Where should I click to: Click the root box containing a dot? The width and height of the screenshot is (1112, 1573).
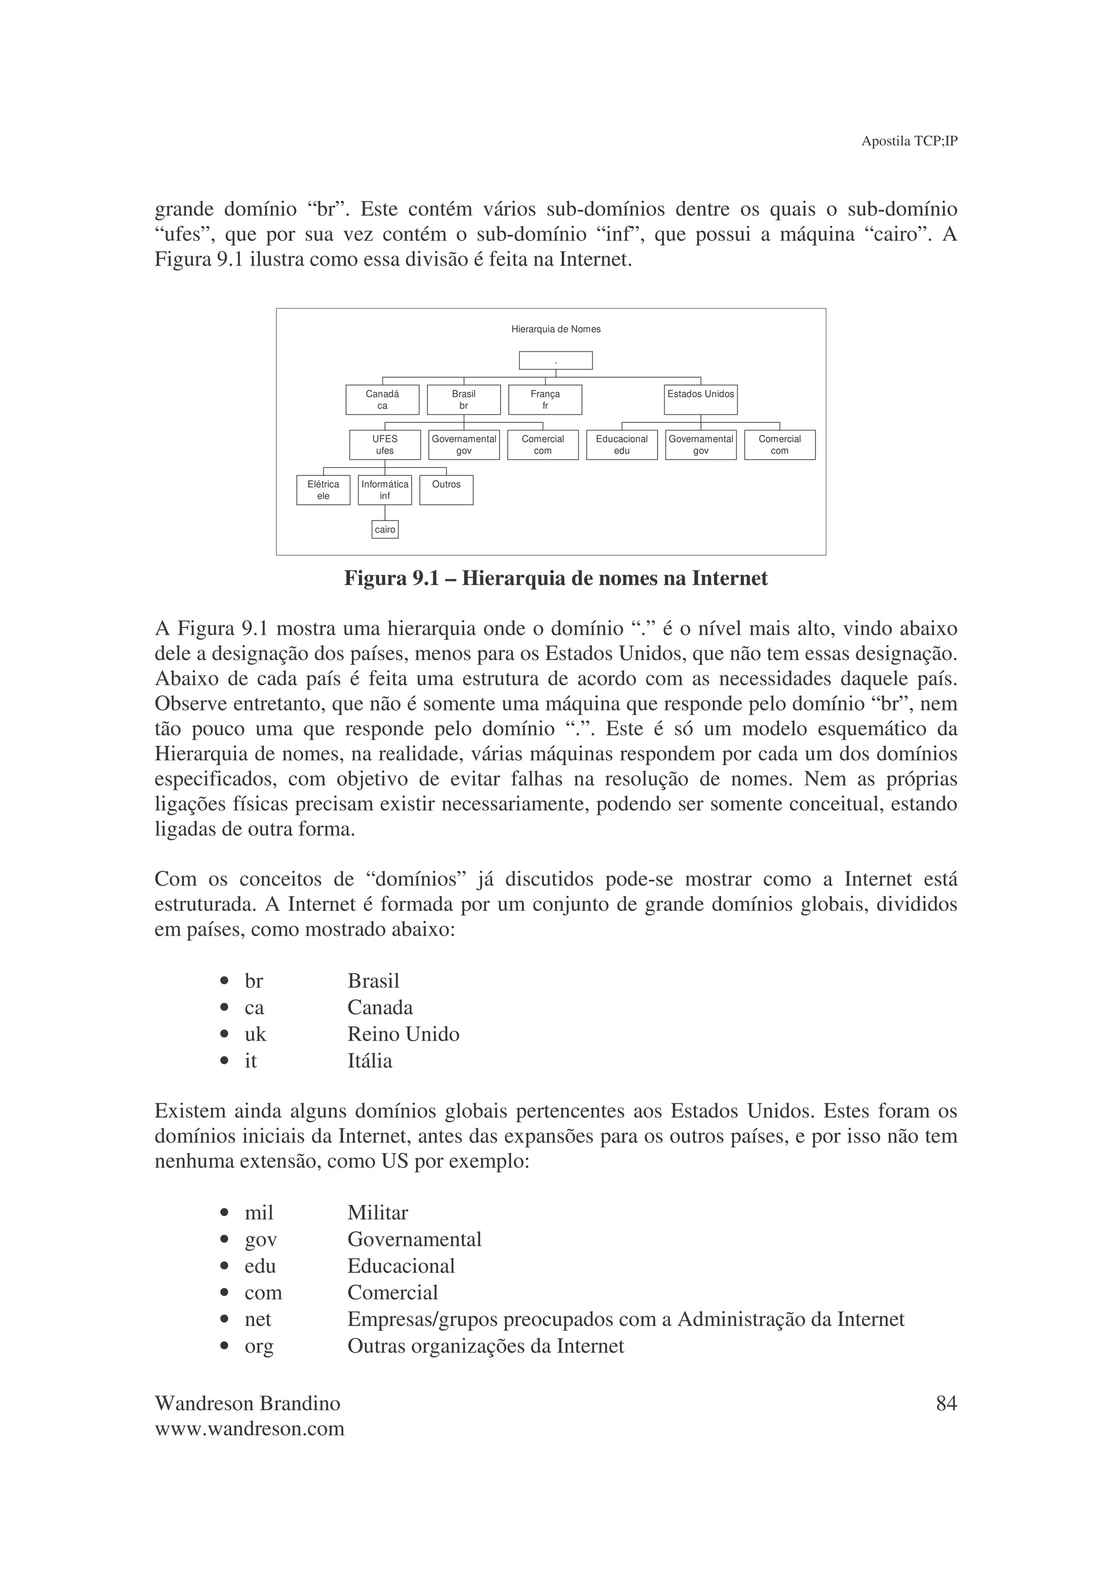click(555, 360)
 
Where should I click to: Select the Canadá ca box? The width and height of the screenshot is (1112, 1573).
click(382, 399)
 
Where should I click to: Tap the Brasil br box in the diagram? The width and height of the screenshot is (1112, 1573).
click(464, 399)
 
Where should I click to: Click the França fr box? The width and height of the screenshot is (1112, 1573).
click(545, 399)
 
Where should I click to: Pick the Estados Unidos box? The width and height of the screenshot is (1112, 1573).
click(700, 399)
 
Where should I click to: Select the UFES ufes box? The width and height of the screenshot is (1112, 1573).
click(385, 445)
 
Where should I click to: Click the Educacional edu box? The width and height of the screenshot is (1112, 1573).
click(622, 445)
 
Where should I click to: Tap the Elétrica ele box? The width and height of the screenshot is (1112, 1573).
click(324, 490)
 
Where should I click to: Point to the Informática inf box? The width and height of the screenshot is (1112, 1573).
click(385, 490)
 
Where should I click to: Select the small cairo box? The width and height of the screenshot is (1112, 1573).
click(385, 530)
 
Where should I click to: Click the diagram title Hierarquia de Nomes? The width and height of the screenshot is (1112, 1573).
click(555, 329)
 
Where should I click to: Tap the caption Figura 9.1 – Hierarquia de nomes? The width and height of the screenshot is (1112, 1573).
click(555, 579)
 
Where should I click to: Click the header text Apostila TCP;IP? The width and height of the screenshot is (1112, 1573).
click(909, 141)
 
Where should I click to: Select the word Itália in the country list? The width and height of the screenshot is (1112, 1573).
click(370, 1061)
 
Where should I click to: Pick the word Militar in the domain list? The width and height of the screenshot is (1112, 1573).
click(377, 1213)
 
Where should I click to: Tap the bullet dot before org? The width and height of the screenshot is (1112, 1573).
click(224, 1346)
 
